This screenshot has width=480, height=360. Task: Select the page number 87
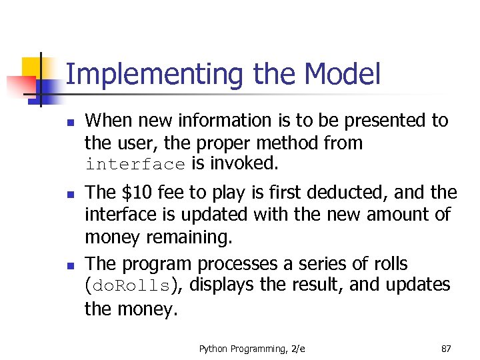pyautogui.click(x=446, y=348)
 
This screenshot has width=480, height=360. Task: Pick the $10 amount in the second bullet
pyautogui.click(x=135, y=193)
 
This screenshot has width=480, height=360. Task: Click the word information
pyautogui.click(x=209, y=121)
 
